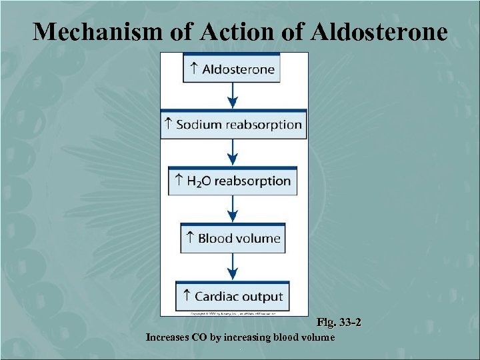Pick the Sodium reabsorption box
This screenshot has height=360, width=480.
pyautogui.click(x=233, y=125)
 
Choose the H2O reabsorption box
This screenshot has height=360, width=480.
pyautogui.click(x=233, y=181)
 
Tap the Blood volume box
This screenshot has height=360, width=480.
pyautogui.click(x=233, y=238)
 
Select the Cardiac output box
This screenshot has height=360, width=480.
pyautogui.click(x=233, y=296)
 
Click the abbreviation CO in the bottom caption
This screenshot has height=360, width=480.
pyautogui.click(x=199, y=337)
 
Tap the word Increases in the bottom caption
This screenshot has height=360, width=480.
pyautogui.click(x=167, y=337)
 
